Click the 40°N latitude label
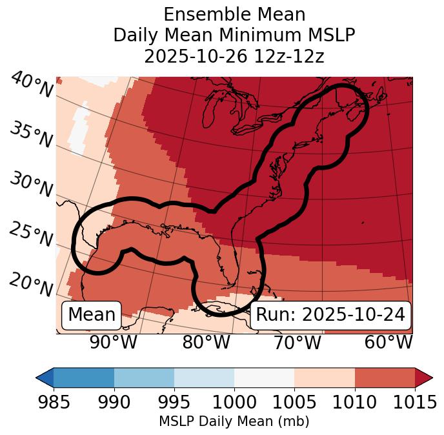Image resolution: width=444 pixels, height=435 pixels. coord(31,85)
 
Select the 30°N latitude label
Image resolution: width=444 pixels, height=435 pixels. coord(31,185)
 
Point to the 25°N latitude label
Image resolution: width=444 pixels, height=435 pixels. coord(31,234)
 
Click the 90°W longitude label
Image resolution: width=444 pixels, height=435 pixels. coord(114,342)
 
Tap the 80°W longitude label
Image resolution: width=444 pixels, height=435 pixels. coord(206,342)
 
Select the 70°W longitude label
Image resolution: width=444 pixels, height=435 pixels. coord(297,342)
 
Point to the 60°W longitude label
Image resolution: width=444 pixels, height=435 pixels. coord(388,342)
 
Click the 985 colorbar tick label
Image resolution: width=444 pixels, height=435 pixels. coord(54,403)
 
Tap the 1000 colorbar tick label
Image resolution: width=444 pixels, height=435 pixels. coord(234,403)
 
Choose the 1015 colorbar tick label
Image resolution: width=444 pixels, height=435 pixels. coord(415,403)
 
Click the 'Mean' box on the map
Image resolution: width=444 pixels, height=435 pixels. coord(92,315)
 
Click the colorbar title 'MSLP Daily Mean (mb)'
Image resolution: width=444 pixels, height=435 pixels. coord(234,422)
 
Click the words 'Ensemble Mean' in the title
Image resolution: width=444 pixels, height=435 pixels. coord(234,14)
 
